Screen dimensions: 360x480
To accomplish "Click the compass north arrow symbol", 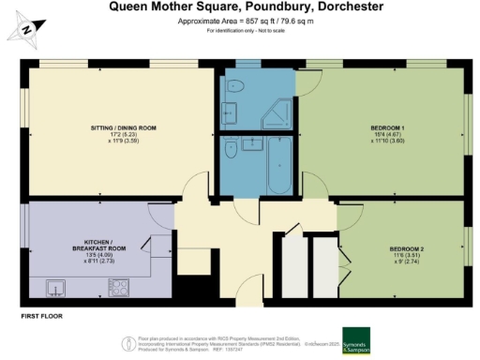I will [x=27, y=30].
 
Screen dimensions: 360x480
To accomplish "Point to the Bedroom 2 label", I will [x=406, y=247].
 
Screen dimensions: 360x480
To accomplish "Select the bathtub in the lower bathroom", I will [x=277, y=170].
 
